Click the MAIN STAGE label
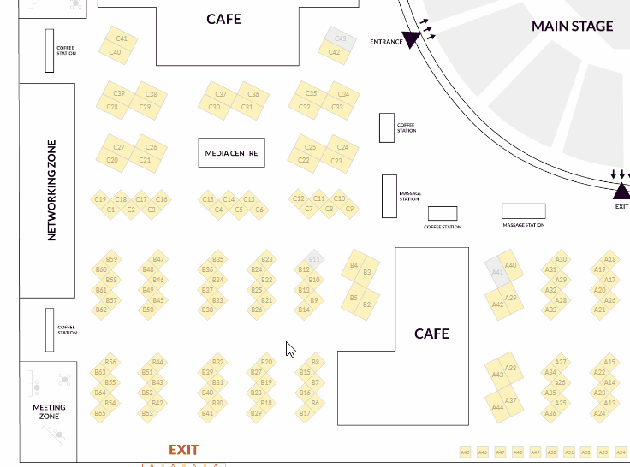tap(572, 26)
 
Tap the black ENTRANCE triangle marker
tap(411, 39)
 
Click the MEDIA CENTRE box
tap(231, 153)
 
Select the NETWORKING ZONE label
tap(51, 190)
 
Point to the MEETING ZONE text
tap(49, 411)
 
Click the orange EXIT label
tap(183, 450)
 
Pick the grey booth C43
tap(340, 38)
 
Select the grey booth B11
tap(314, 258)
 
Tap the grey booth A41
tap(497, 271)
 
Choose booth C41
tap(121, 38)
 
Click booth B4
tap(354, 266)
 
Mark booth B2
tap(366, 304)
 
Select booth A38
tap(510, 369)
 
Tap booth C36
tap(253, 94)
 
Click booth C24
tap(342, 147)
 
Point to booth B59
tap(111, 259)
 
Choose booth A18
tap(610, 259)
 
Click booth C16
tap(162, 199)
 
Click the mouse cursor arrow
tap(290, 349)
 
